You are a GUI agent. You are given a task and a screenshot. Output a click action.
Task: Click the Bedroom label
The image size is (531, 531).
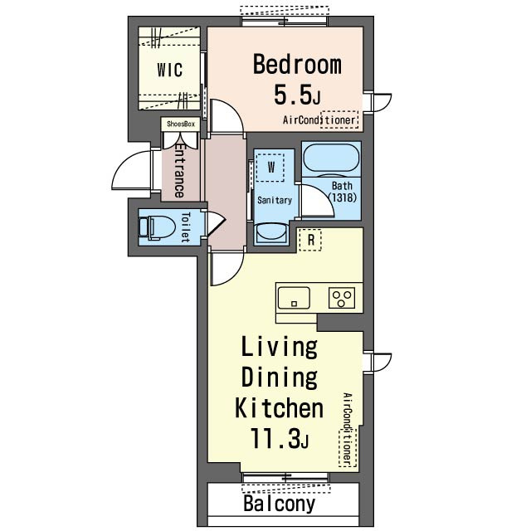pos(297,65)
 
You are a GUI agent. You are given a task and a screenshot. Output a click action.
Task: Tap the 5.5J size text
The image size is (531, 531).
pos(297,95)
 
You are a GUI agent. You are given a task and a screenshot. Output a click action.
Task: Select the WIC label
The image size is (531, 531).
pos(169,70)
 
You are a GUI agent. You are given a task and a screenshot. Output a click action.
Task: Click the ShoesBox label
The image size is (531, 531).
pos(181,124)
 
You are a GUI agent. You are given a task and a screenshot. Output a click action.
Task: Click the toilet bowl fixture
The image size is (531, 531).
pos(157,227)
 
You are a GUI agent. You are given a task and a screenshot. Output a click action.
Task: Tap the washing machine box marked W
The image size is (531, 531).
pos(270,168)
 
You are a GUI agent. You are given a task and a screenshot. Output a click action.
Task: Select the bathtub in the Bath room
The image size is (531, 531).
pos(331,158)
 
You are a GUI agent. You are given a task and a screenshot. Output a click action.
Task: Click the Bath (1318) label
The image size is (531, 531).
pos(343,192)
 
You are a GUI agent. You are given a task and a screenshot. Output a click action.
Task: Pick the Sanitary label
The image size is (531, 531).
pos(275,200)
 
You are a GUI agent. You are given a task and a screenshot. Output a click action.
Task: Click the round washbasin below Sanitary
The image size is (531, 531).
pos(271,234)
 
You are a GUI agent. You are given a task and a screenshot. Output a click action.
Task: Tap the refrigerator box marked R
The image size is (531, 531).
pos(310,240)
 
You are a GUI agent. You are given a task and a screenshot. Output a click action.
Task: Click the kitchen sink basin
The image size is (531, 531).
pos(294,298)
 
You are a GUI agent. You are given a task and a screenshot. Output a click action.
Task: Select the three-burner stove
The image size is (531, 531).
pos(342,298)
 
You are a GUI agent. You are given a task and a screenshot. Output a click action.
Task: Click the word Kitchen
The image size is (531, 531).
pos(279,408)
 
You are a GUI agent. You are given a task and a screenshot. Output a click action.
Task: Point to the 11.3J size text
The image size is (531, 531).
pos(279,438)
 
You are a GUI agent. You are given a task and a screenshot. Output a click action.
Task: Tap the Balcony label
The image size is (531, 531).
pos(279,504)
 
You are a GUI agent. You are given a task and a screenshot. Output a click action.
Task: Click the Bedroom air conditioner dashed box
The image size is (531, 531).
pos(339,119)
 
